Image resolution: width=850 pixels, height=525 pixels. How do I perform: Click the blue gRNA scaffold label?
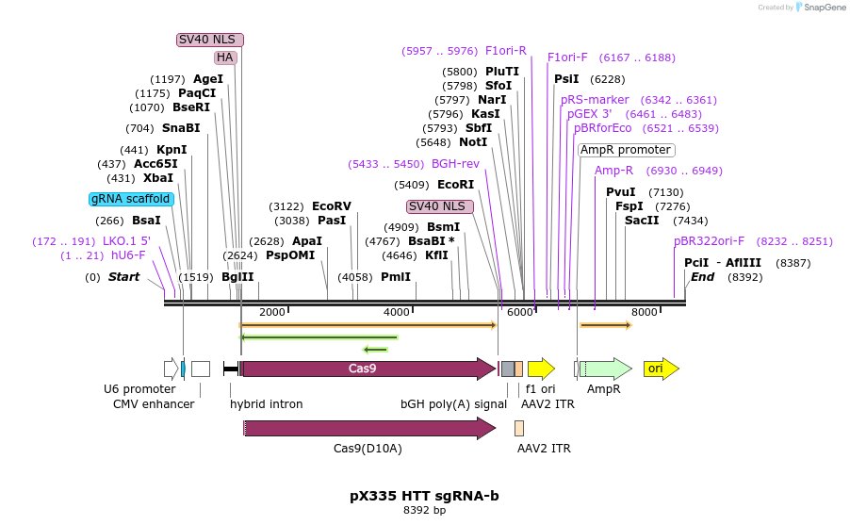point(131,199)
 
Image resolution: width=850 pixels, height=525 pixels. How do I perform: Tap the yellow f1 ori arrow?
point(541,369)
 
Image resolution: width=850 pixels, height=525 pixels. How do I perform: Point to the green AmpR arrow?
point(605,369)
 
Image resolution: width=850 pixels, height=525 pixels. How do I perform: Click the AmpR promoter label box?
point(626,150)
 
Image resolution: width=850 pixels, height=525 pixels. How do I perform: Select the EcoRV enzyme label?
point(331,205)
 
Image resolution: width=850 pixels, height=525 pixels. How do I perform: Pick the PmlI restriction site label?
point(396,277)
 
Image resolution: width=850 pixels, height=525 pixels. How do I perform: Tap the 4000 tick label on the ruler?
point(397,312)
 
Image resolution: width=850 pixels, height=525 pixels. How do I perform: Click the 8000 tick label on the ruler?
point(644,312)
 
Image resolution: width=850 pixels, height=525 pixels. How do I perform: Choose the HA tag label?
point(225,57)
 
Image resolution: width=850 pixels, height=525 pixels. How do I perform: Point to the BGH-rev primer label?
point(455,163)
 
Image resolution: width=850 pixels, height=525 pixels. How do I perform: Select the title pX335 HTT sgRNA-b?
point(424,495)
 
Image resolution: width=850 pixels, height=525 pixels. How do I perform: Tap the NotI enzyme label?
point(473,142)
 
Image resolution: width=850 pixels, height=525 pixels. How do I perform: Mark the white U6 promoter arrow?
point(171,369)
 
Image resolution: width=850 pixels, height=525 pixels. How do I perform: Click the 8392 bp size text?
point(424,511)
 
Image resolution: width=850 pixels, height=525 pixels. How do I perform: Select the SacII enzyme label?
point(642,220)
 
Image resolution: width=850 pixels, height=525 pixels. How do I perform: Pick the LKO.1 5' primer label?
point(126,240)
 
